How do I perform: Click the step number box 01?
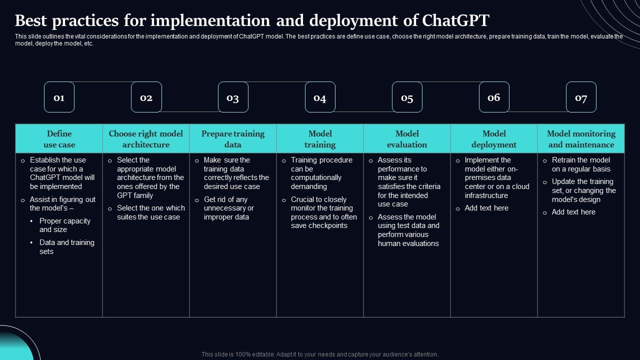click(x=59, y=97)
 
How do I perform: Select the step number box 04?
click(x=320, y=97)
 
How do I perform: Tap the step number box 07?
click(x=581, y=97)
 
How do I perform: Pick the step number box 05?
click(x=407, y=97)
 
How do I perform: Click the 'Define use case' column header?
click(x=59, y=139)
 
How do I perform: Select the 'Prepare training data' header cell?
click(x=233, y=139)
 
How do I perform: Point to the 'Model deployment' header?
click(x=494, y=139)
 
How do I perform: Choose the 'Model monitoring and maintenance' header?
click(x=581, y=139)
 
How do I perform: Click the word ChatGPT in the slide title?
click(x=455, y=21)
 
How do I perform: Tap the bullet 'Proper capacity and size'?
click(x=65, y=225)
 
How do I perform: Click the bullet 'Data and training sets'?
click(x=66, y=247)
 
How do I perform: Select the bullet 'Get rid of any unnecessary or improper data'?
click(x=228, y=208)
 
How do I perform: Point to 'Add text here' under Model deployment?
click(x=486, y=208)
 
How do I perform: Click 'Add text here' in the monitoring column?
click(x=573, y=212)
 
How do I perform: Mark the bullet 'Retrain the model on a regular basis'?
click(x=581, y=164)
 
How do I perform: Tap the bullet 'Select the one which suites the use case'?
click(x=150, y=212)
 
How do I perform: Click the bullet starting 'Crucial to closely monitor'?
click(x=323, y=212)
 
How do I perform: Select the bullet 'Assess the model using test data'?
click(x=408, y=230)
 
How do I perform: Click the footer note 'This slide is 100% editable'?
click(x=320, y=354)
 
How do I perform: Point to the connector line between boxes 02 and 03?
click(x=190, y=111)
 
